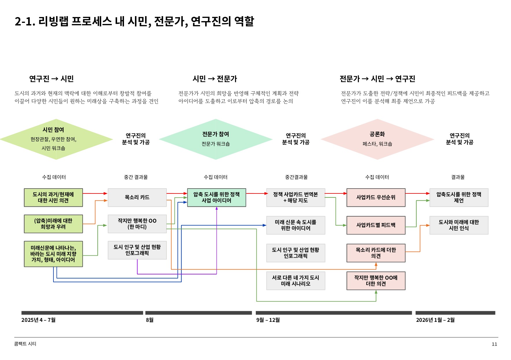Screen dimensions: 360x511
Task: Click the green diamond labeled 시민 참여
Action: pyautogui.click(x=56, y=139)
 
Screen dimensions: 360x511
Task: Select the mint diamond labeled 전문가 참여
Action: pyautogui.click(x=216, y=139)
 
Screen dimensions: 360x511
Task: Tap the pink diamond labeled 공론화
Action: pyautogui.click(x=377, y=139)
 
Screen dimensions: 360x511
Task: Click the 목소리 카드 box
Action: pyautogui.click(x=137, y=197)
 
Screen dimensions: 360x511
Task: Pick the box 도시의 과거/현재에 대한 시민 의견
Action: pyautogui.click(x=53, y=197)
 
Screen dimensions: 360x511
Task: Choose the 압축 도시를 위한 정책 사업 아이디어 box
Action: pyautogui.click(x=216, y=197)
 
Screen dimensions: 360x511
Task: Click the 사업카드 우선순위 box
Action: pyautogui.click(x=376, y=197)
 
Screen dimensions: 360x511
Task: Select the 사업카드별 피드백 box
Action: pyautogui.click(x=376, y=225)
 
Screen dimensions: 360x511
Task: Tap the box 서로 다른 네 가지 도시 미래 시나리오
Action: pyautogui.click(x=295, y=281)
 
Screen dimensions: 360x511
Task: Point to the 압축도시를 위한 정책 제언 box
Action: pyautogui.click(x=459, y=197)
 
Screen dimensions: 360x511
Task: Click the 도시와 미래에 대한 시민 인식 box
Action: pyautogui.click(x=459, y=225)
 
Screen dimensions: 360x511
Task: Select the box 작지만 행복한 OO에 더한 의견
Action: pyautogui.click(x=376, y=281)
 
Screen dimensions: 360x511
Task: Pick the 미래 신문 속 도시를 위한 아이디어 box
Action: pyautogui.click(x=295, y=225)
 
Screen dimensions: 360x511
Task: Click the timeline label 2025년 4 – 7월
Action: pyautogui.click(x=38, y=320)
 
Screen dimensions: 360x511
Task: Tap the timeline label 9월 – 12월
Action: pyautogui.click(x=268, y=320)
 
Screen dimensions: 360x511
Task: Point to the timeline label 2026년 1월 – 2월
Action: pyautogui.click(x=435, y=320)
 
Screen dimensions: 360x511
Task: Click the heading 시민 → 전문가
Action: pyautogui.click(x=215, y=79)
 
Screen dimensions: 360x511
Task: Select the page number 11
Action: pyautogui.click(x=494, y=344)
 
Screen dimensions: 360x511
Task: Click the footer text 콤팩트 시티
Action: pyautogui.click(x=25, y=344)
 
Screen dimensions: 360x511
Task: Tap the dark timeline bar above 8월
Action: pyautogui.click(x=199, y=313)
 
